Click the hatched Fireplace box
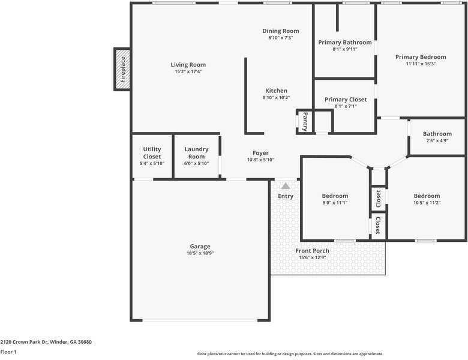pyautogui.click(x=122, y=69)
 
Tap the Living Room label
pyautogui.click(x=188, y=65)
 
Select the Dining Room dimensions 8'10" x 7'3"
pyautogui.click(x=280, y=38)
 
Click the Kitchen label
pyautogui.click(x=276, y=91)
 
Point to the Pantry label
pyautogui.click(x=305, y=121)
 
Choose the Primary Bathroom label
pyautogui.click(x=344, y=43)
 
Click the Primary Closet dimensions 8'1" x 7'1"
pyautogui.click(x=345, y=106)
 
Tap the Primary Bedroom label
pyautogui.click(x=420, y=57)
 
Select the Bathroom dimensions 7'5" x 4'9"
pyautogui.click(x=437, y=141)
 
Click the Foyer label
pyautogui.click(x=260, y=153)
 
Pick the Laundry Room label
pyautogui.click(x=196, y=153)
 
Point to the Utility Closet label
pyautogui.click(x=152, y=153)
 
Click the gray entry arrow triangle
pyautogui.click(x=286, y=186)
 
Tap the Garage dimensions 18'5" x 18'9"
pyautogui.click(x=200, y=254)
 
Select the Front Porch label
pyautogui.click(x=312, y=251)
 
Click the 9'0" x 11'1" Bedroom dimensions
pyautogui.click(x=334, y=203)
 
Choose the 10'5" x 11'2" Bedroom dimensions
pyautogui.click(x=426, y=203)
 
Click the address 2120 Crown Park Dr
pyautogui.click(x=46, y=342)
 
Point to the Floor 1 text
pyautogui.click(x=8, y=352)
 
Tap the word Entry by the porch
pyautogui.click(x=286, y=196)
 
